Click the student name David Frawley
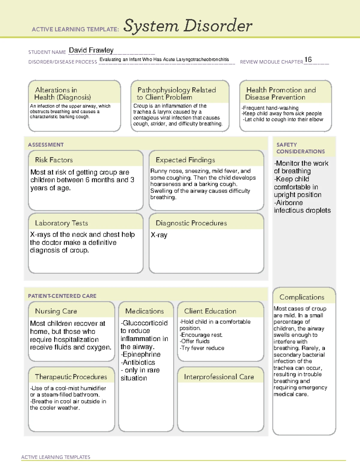tap(91, 50)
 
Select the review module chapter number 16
tap(308, 60)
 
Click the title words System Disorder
tap(188, 26)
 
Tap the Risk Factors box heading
tap(54, 160)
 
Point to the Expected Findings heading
tap(185, 160)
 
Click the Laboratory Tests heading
tap(61, 223)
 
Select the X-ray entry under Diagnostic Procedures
tap(159, 235)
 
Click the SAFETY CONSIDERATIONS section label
tap(300, 148)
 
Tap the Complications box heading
tap(301, 297)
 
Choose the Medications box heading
tap(144, 311)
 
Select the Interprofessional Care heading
tap(219, 377)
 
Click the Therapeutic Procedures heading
tap(71, 377)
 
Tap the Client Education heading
tap(210, 311)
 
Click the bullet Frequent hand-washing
tap(270, 108)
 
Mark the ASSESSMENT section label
tap(46, 145)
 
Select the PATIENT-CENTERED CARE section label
tap(62, 296)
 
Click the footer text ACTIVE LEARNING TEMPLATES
tap(55, 457)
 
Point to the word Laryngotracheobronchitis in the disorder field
tap(202, 59)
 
